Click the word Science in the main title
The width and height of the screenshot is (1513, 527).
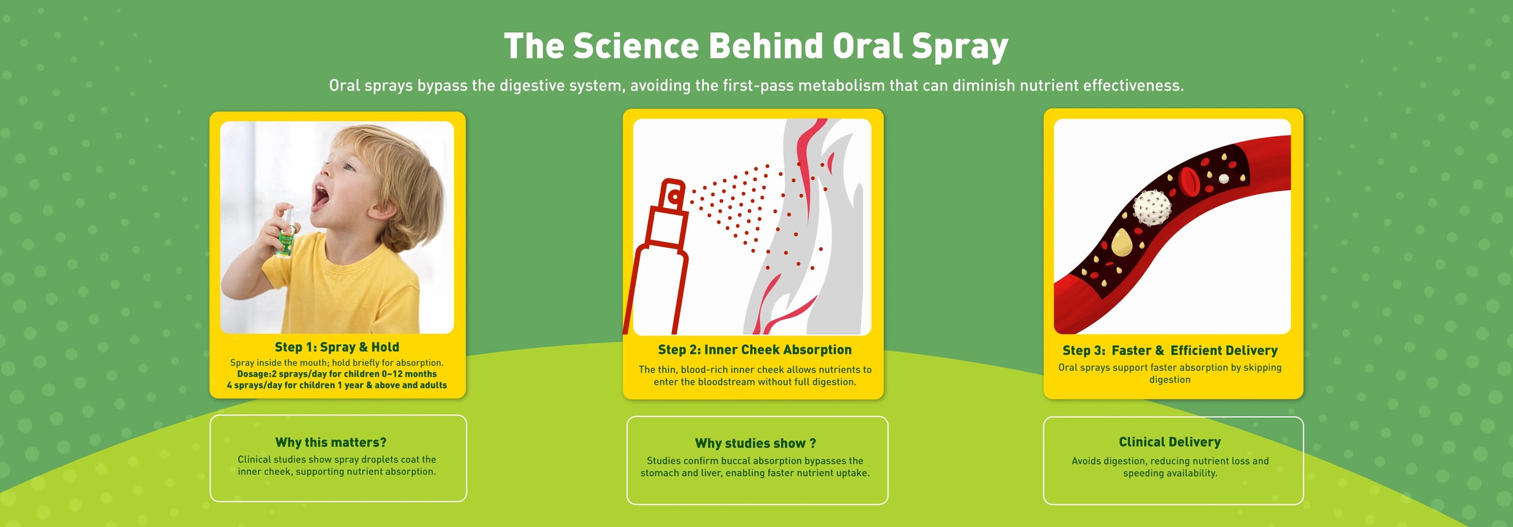click(x=635, y=46)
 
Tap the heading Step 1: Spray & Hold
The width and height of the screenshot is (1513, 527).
click(x=337, y=347)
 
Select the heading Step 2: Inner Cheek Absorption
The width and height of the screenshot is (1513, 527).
click(x=755, y=350)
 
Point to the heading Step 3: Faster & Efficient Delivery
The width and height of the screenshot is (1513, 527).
click(x=1170, y=350)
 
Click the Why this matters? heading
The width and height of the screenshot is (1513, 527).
click(x=331, y=443)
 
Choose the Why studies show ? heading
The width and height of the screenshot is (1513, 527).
click(x=755, y=443)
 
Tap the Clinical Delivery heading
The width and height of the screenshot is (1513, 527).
click(x=1170, y=442)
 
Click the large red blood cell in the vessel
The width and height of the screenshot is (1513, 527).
click(x=1190, y=181)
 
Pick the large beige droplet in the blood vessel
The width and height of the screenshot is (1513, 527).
click(x=1121, y=243)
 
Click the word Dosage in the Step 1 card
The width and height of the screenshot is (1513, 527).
click(x=253, y=374)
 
